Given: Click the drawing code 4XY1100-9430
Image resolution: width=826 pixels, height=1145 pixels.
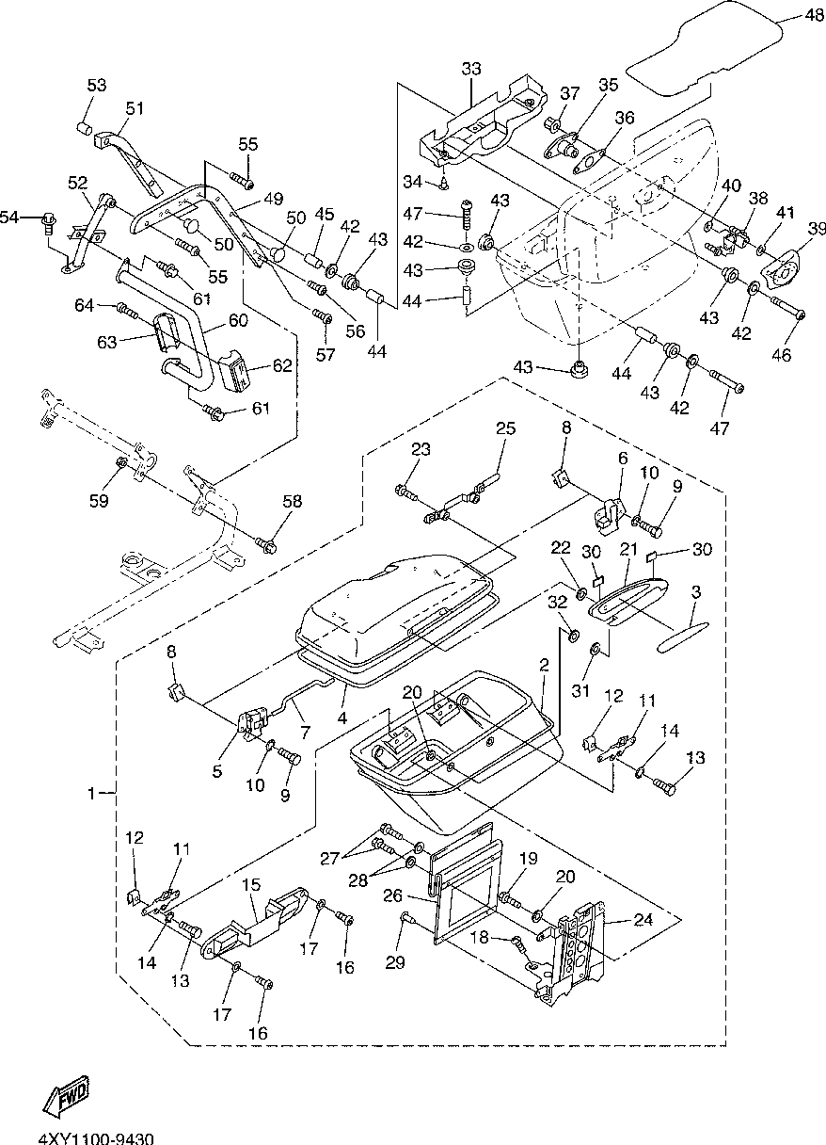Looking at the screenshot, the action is (96, 1137).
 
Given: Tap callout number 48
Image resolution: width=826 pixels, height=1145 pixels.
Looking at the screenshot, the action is (815, 15).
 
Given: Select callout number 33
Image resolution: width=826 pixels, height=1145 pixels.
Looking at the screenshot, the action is (471, 69).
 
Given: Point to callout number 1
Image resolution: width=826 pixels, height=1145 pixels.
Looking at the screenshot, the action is (92, 793).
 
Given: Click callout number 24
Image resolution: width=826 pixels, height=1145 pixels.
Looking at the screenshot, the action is (643, 933).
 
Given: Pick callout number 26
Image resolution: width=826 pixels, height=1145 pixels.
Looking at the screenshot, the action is (393, 895).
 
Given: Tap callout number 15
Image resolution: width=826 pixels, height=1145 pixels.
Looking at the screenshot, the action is (252, 884).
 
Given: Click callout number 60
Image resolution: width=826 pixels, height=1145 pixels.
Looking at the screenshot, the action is (238, 320).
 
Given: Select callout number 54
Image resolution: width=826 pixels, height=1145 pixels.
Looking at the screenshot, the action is (9, 217).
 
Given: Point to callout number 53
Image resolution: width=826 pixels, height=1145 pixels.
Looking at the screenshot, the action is (97, 85).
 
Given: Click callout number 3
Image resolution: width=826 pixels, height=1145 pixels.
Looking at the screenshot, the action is (696, 592).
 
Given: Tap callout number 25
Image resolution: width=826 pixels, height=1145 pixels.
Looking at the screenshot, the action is (506, 427).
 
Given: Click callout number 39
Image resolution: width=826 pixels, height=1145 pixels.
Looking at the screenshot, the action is (816, 229).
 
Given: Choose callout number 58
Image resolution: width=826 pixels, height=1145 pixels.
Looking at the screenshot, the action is (293, 501).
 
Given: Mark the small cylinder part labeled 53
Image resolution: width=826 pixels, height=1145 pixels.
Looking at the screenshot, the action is (85, 127).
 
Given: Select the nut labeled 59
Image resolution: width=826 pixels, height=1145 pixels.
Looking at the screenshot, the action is (121, 462).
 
